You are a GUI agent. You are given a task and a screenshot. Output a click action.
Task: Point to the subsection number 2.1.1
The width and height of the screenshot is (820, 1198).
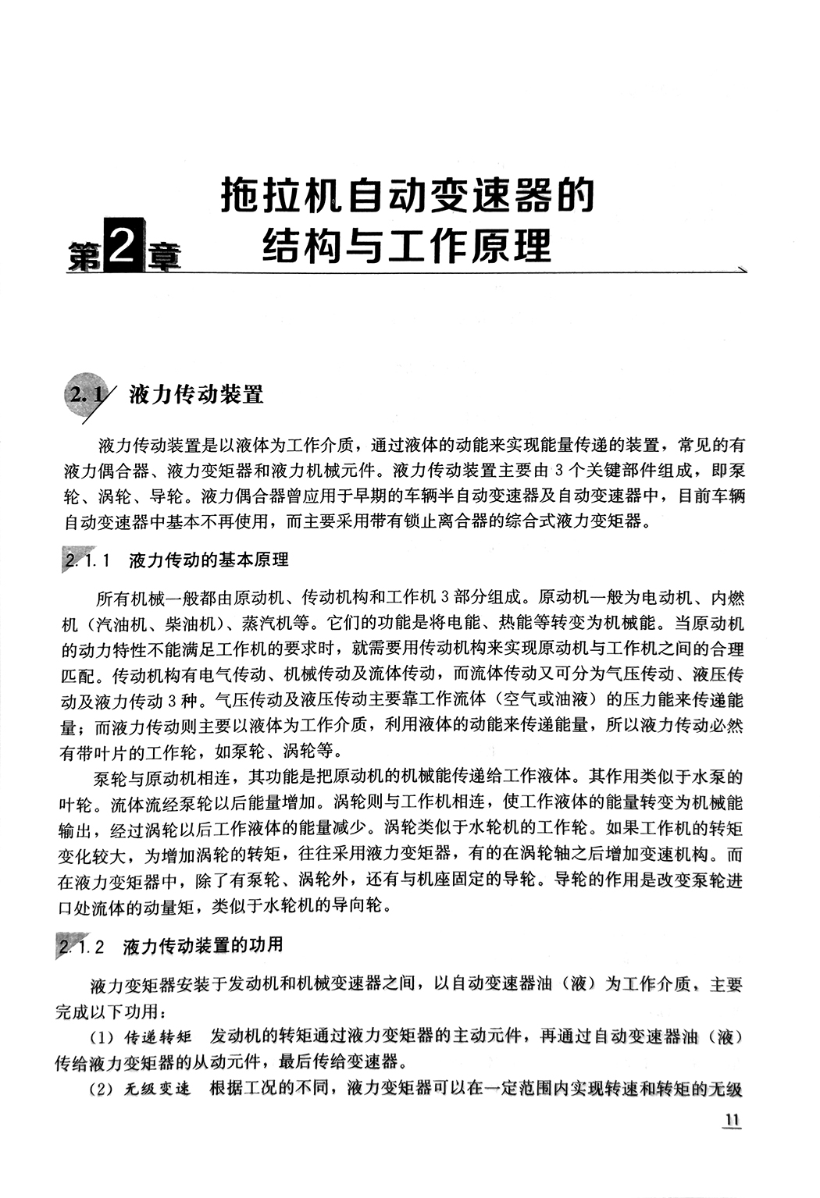pos(91,560)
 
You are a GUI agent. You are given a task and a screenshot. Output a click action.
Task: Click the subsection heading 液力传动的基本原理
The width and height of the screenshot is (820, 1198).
pos(208,560)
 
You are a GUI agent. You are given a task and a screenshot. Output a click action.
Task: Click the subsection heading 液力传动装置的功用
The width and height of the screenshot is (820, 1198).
pos(203,946)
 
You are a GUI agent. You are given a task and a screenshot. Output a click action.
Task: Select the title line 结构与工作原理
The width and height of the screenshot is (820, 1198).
pos(407,245)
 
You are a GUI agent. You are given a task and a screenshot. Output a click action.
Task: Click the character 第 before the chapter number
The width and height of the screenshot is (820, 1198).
pos(83,256)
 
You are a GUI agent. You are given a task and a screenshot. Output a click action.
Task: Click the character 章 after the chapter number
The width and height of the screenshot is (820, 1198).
pos(162,256)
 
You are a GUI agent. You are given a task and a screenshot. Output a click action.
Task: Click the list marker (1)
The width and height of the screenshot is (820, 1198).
pos(103,1038)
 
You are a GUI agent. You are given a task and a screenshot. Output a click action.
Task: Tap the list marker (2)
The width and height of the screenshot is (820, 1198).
pos(103,1090)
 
